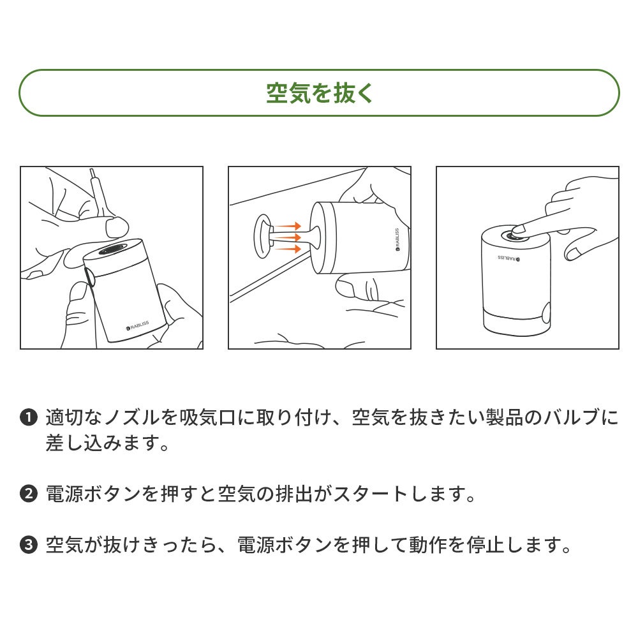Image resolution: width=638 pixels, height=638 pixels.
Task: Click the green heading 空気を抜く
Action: (320, 93)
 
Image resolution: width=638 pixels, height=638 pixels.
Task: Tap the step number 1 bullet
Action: (29, 417)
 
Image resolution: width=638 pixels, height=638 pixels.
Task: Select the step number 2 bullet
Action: (29, 494)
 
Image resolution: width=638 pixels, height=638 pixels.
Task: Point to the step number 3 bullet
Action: (29, 545)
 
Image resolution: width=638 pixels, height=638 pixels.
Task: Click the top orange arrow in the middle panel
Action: (288, 226)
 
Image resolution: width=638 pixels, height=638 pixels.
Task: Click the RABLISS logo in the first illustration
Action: (138, 325)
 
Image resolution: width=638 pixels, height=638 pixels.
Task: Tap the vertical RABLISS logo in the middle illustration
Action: (397, 239)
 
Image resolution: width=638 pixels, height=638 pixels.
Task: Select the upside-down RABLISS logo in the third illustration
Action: (508, 258)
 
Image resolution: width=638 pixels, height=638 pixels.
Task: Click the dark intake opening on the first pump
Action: (114, 249)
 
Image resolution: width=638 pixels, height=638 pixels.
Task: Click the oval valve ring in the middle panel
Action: (263, 237)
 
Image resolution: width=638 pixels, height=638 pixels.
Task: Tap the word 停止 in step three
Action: (486, 545)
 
